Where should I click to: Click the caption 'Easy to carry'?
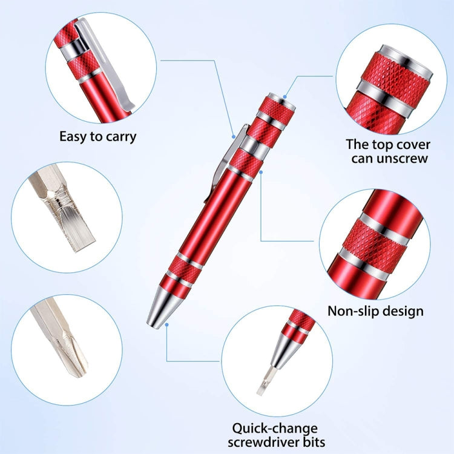(97, 136)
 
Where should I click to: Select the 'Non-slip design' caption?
(375, 311)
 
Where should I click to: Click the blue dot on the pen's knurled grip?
(261, 173)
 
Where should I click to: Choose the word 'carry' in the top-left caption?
(121, 136)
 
